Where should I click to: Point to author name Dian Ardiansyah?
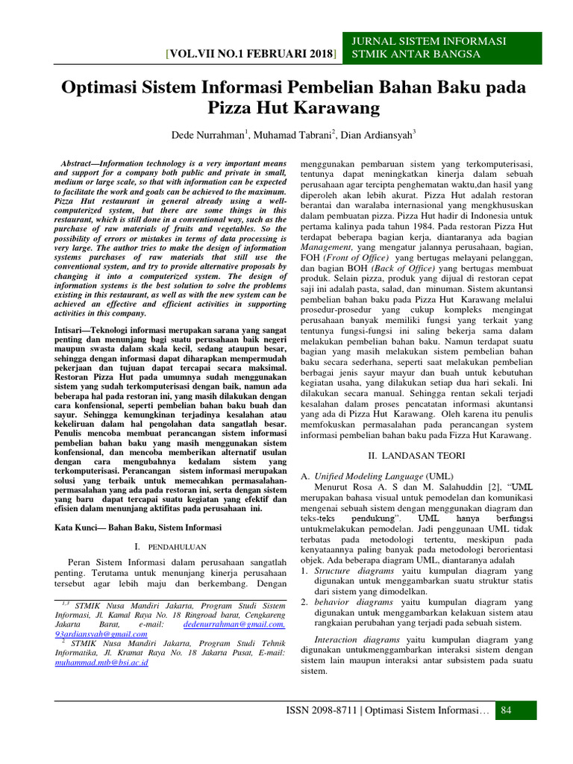click(x=377, y=136)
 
